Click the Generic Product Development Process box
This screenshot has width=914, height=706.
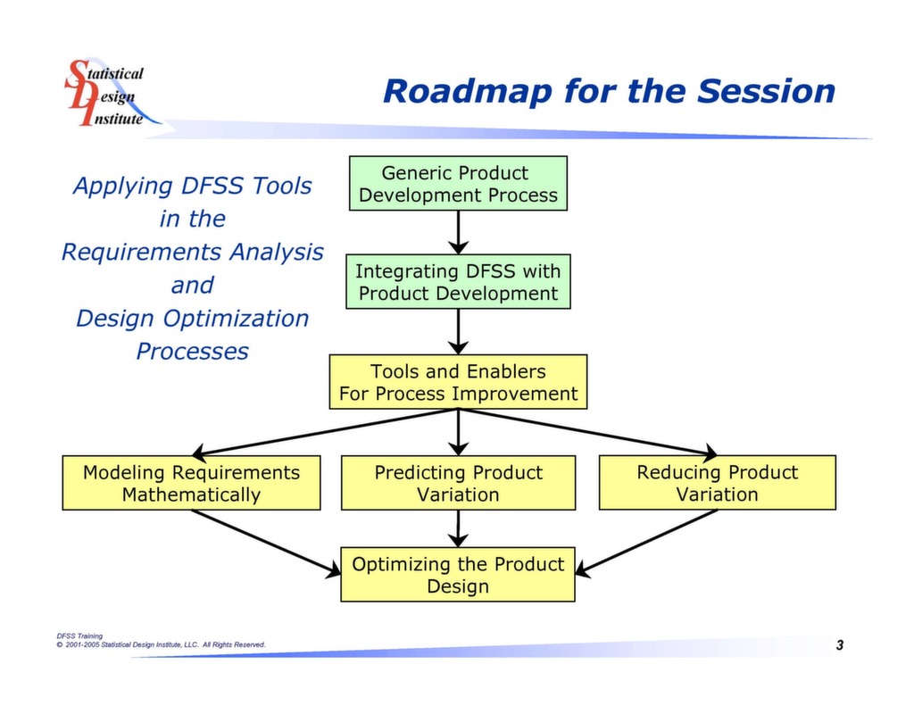pyautogui.click(x=458, y=184)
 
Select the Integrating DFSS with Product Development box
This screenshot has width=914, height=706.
pyautogui.click(x=458, y=281)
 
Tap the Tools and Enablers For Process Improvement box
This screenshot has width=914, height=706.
pyautogui.click(x=458, y=382)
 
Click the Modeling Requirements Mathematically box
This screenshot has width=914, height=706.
pyautogui.click(x=191, y=483)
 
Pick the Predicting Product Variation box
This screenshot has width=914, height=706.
pyautogui.click(x=458, y=483)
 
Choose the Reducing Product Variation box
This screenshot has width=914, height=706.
pyautogui.click(x=717, y=482)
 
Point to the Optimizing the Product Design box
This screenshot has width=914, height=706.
pyautogui.click(x=458, y=575)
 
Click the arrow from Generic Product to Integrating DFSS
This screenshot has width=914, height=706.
pyautogui.click(x=458, y=232)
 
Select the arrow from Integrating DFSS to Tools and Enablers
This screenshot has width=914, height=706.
pyautogui.click(x=458, y=331)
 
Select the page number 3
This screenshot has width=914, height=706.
pyautogui.click(x=840, y=644)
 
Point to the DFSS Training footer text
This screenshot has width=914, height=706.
pyautogui.click(x=79, y=636)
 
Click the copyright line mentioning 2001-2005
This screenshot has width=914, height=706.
pyautogui.click(x=161, y=644)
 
